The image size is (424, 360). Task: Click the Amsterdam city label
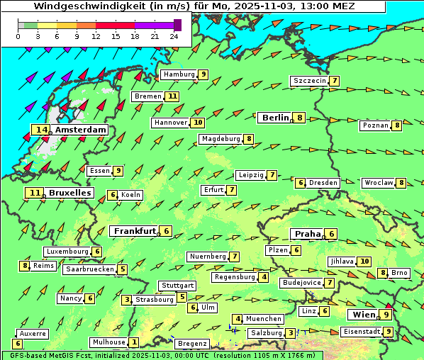coord(80,130)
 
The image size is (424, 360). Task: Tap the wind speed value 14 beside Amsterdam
coord(41,130)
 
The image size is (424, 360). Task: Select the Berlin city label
coord(275,118)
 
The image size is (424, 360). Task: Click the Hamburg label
coord(179,74)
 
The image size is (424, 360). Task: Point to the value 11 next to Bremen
coord(172,96)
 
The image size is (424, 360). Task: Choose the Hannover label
coord(170,123)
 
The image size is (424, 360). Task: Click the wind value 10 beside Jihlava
coord(364,261)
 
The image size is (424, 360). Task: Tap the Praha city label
coord(307,234)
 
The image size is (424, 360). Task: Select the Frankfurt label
coord(135,231)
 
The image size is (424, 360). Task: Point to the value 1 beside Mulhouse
coord(134,342)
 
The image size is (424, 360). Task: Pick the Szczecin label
coord(309,81)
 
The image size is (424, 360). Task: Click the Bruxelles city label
coord(69,193)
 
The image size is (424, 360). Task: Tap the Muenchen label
coord(264,319)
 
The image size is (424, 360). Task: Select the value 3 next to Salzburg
coord(291,333)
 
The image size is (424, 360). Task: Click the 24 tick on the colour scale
coord(173,35)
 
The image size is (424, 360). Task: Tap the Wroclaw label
coord(378,183)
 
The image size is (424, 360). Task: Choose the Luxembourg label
coord(67,252)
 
